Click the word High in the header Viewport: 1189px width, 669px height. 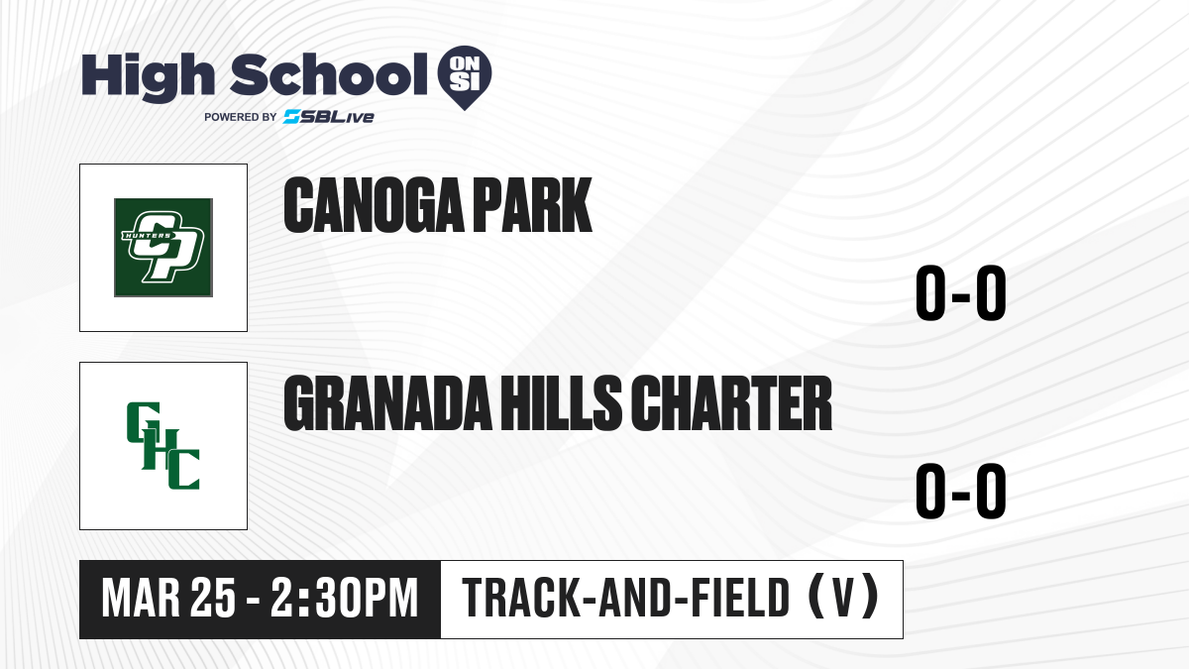(148, 77)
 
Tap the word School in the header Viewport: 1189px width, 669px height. (329, 74)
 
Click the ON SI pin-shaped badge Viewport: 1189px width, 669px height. (465, 77)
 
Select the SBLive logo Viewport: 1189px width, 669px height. (329, 117)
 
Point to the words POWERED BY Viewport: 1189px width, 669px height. (241, 117)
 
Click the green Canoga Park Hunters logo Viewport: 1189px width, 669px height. (163, 248)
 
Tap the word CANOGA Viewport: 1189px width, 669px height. (375, 205)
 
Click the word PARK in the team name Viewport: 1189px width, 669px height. (532, 205)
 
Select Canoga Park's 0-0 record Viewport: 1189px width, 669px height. (961, 292)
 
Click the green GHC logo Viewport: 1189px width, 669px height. (163, 445)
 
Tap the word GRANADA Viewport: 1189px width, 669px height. (387, 403)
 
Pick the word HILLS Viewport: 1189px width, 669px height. (562, 403)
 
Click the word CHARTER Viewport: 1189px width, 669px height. (731, 403)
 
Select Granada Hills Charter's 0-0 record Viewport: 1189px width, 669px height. (961, 491)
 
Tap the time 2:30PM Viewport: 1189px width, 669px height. (345, 599)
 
